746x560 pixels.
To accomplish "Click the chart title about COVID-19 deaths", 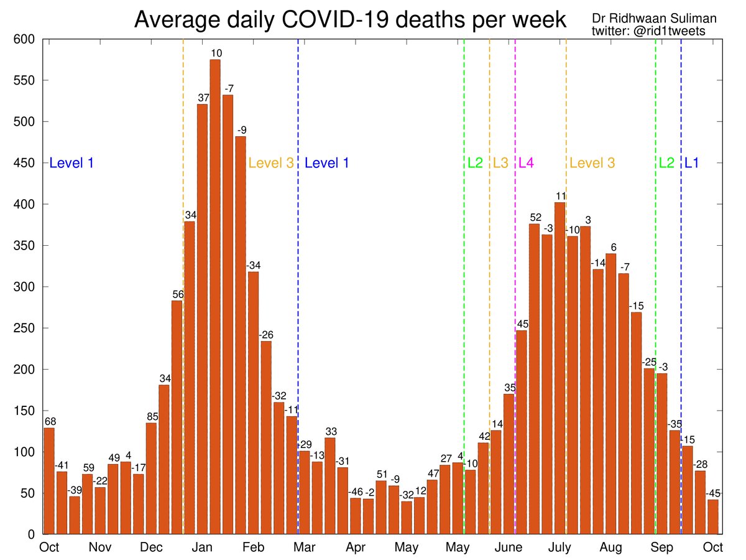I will click(350, 20).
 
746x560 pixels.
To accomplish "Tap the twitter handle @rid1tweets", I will click(648, 31).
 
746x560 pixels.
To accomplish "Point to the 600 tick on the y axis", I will click(25, 39).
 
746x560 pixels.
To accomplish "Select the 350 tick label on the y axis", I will click(25, 246).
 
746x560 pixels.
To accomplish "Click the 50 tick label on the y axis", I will click(29, 493).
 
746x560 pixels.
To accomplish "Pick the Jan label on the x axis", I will click(203, 548).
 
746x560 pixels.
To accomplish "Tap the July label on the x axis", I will click(559, 548).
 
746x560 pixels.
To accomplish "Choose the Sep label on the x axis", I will click(662, 548).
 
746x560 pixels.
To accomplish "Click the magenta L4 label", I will click(526, 163).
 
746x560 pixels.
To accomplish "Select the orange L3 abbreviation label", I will click(500, 163).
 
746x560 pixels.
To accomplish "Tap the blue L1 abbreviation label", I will click(691, 163).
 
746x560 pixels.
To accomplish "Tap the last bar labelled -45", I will click(713, 516).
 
